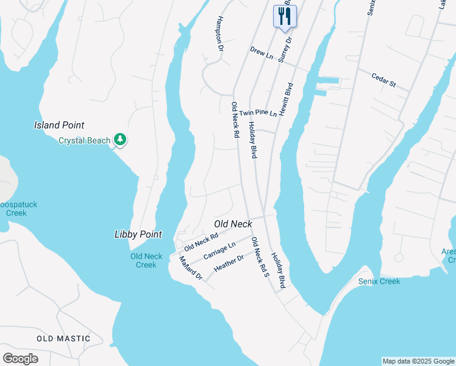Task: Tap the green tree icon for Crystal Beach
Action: (x=121, y=140)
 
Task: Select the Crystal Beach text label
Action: (x=84, y=140)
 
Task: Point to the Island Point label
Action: (x=59, y=125)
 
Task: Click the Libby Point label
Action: (x=138, y=234)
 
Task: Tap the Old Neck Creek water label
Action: (x=146, y=260)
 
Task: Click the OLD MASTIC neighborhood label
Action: (x=63, y=338)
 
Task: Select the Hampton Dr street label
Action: (x=218, y=33)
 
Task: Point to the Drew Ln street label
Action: (x=262, y=53)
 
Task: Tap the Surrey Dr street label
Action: (x=285, y=49)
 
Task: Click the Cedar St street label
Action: (x=384, y=80)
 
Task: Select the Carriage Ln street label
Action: (x=219, y=250)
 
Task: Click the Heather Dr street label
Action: (x=229, y=263)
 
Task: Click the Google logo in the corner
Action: (x=20, y=358)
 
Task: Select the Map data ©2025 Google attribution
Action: (x=418, y=361)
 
